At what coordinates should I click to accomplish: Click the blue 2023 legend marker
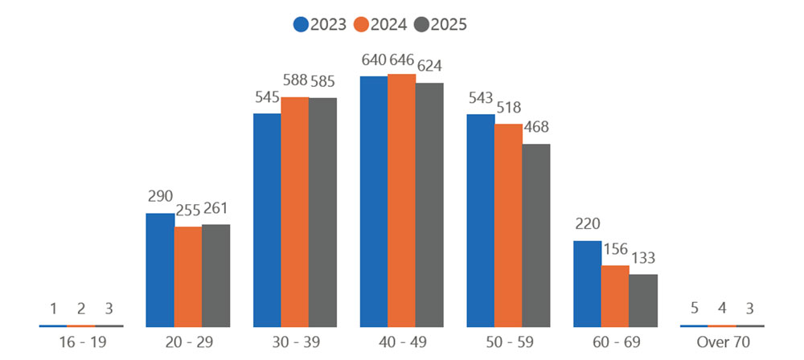click(301, 24)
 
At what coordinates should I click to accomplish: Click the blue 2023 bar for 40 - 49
click(374, 201)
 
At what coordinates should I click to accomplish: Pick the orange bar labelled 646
click(401, 200)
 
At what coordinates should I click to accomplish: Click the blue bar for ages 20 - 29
click(160, 269)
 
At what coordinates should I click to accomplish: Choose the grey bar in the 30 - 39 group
click(322, 212)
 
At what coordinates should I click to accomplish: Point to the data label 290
click(161, 197)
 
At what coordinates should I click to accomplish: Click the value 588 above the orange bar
click(294, 80)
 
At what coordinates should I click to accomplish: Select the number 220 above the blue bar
click(588, 223)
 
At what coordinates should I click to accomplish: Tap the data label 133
click(642, 258)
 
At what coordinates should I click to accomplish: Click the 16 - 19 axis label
click(80, 342)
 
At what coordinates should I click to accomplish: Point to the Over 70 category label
click(722, 342)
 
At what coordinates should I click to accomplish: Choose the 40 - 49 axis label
click(401, 342)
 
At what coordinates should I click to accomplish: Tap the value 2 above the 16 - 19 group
click(81, 309)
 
